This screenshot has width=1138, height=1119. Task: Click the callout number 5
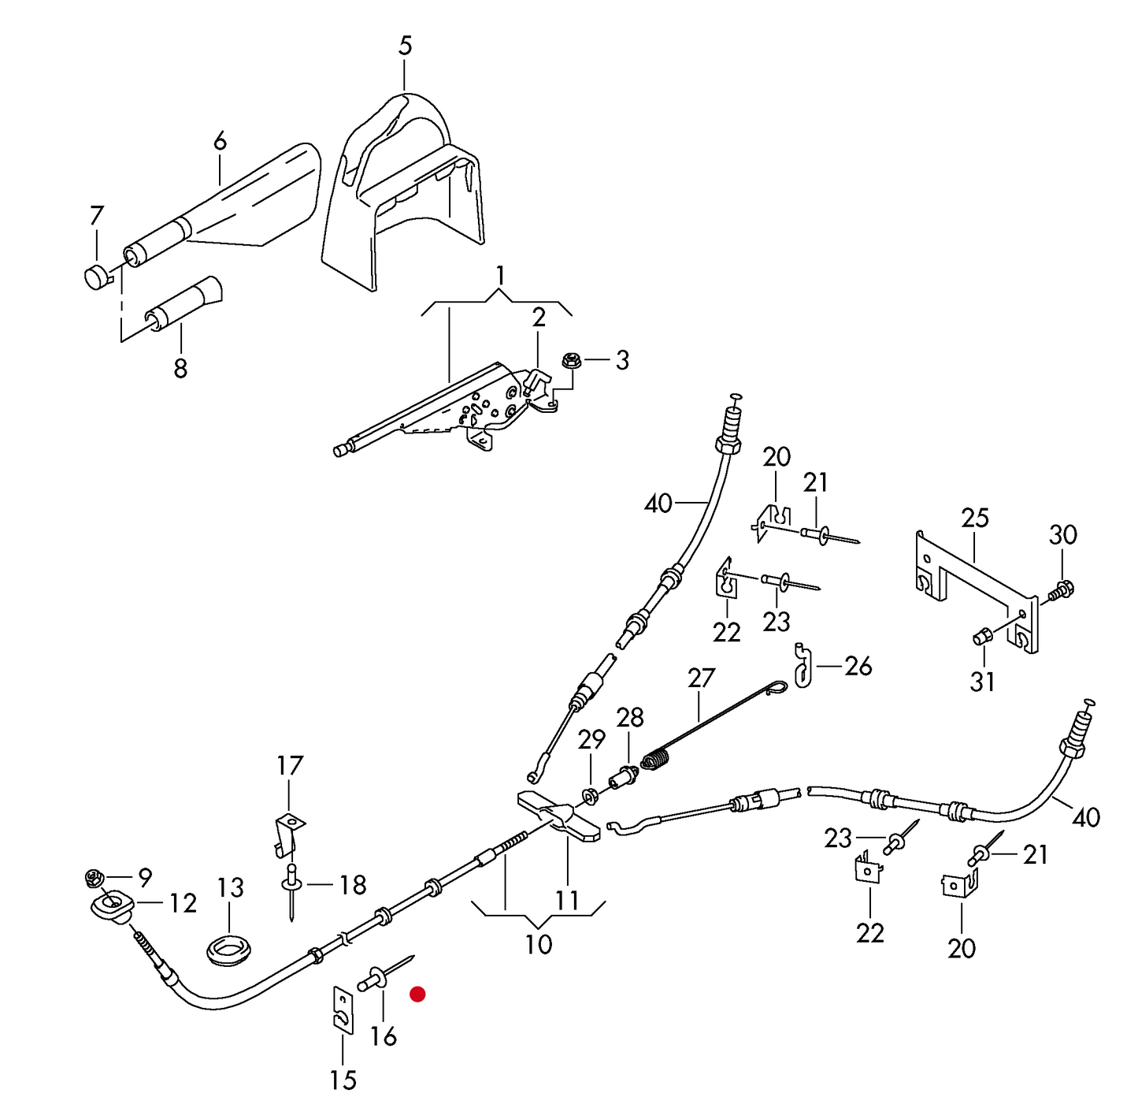tap(405, 46)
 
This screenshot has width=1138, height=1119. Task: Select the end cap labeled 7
tap(98, 277)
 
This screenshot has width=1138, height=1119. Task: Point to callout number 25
tap(974, 519)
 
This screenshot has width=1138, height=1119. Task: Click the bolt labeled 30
tap(1064, 589)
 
